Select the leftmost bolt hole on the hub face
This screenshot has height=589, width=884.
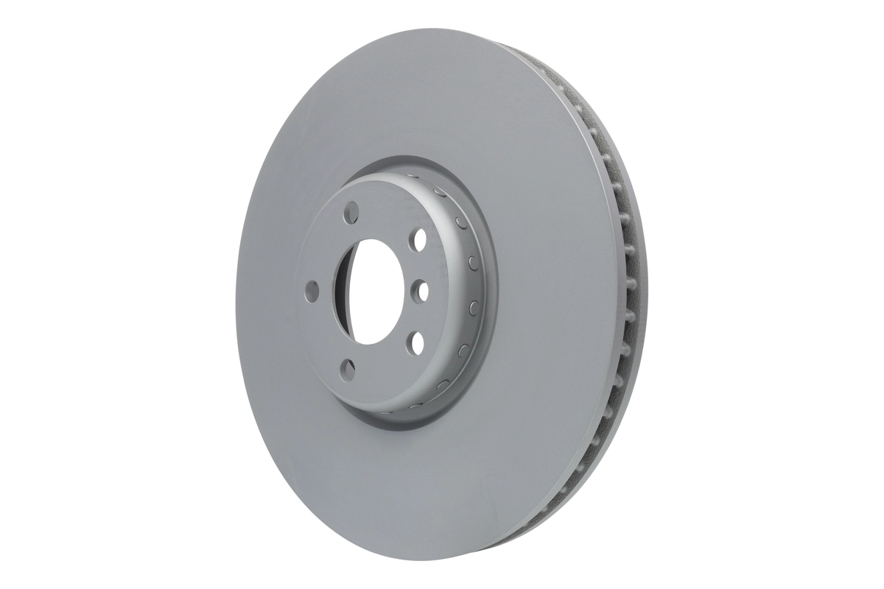[311, 291]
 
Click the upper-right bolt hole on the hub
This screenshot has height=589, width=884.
[420, 241]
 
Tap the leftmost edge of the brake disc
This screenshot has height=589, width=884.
[238, 294]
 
